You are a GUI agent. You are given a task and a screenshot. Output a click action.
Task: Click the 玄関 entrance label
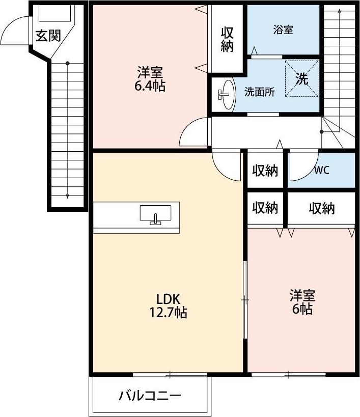pos(48,36)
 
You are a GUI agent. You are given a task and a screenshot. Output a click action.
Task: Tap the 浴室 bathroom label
pos(283,30)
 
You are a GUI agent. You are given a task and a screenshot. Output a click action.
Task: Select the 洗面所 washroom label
pos(260,92)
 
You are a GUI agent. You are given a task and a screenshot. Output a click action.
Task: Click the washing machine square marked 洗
pos(301,79)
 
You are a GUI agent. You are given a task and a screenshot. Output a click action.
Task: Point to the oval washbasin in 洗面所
pos(226,94)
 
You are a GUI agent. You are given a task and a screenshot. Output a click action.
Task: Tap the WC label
pos(321,171)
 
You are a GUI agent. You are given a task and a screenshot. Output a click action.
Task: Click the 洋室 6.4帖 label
pos(150,78)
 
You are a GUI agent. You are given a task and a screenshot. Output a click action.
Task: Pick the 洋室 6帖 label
pos(302,302)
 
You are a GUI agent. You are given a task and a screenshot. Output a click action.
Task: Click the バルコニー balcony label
pos(150,396)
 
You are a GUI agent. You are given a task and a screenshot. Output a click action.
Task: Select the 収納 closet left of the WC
pos(265,171)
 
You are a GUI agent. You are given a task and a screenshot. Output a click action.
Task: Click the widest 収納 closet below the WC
pos(321,208)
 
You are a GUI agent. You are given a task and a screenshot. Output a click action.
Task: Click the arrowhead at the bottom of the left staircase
pos(68,196)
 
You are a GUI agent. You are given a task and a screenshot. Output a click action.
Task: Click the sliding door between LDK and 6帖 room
pos(245,300)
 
